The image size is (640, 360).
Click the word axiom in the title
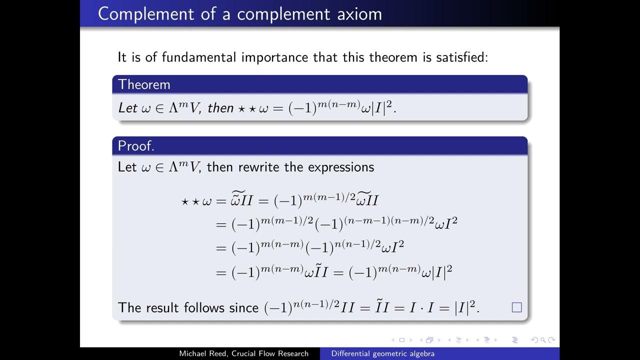pyautogui.click(x=359, y=14)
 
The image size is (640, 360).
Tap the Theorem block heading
pyautogui.click(x=144, y=84)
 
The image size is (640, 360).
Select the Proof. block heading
pyautogui.click(x=136, y=146)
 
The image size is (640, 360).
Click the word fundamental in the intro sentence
pyautogui.click(x=200, y=57)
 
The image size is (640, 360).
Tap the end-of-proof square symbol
pyautogui.click(x=516, y=307)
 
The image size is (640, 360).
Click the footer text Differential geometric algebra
pyautogui.click(x=383, y=354)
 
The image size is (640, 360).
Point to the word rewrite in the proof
pyautogui.click(x=259, y=166)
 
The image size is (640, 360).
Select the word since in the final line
pyautogui.click(x=243, y=307)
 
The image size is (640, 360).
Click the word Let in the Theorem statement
pyautogui.click(x=127, y=107)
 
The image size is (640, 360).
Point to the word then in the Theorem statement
pyautogui.click(x=220, y=107)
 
